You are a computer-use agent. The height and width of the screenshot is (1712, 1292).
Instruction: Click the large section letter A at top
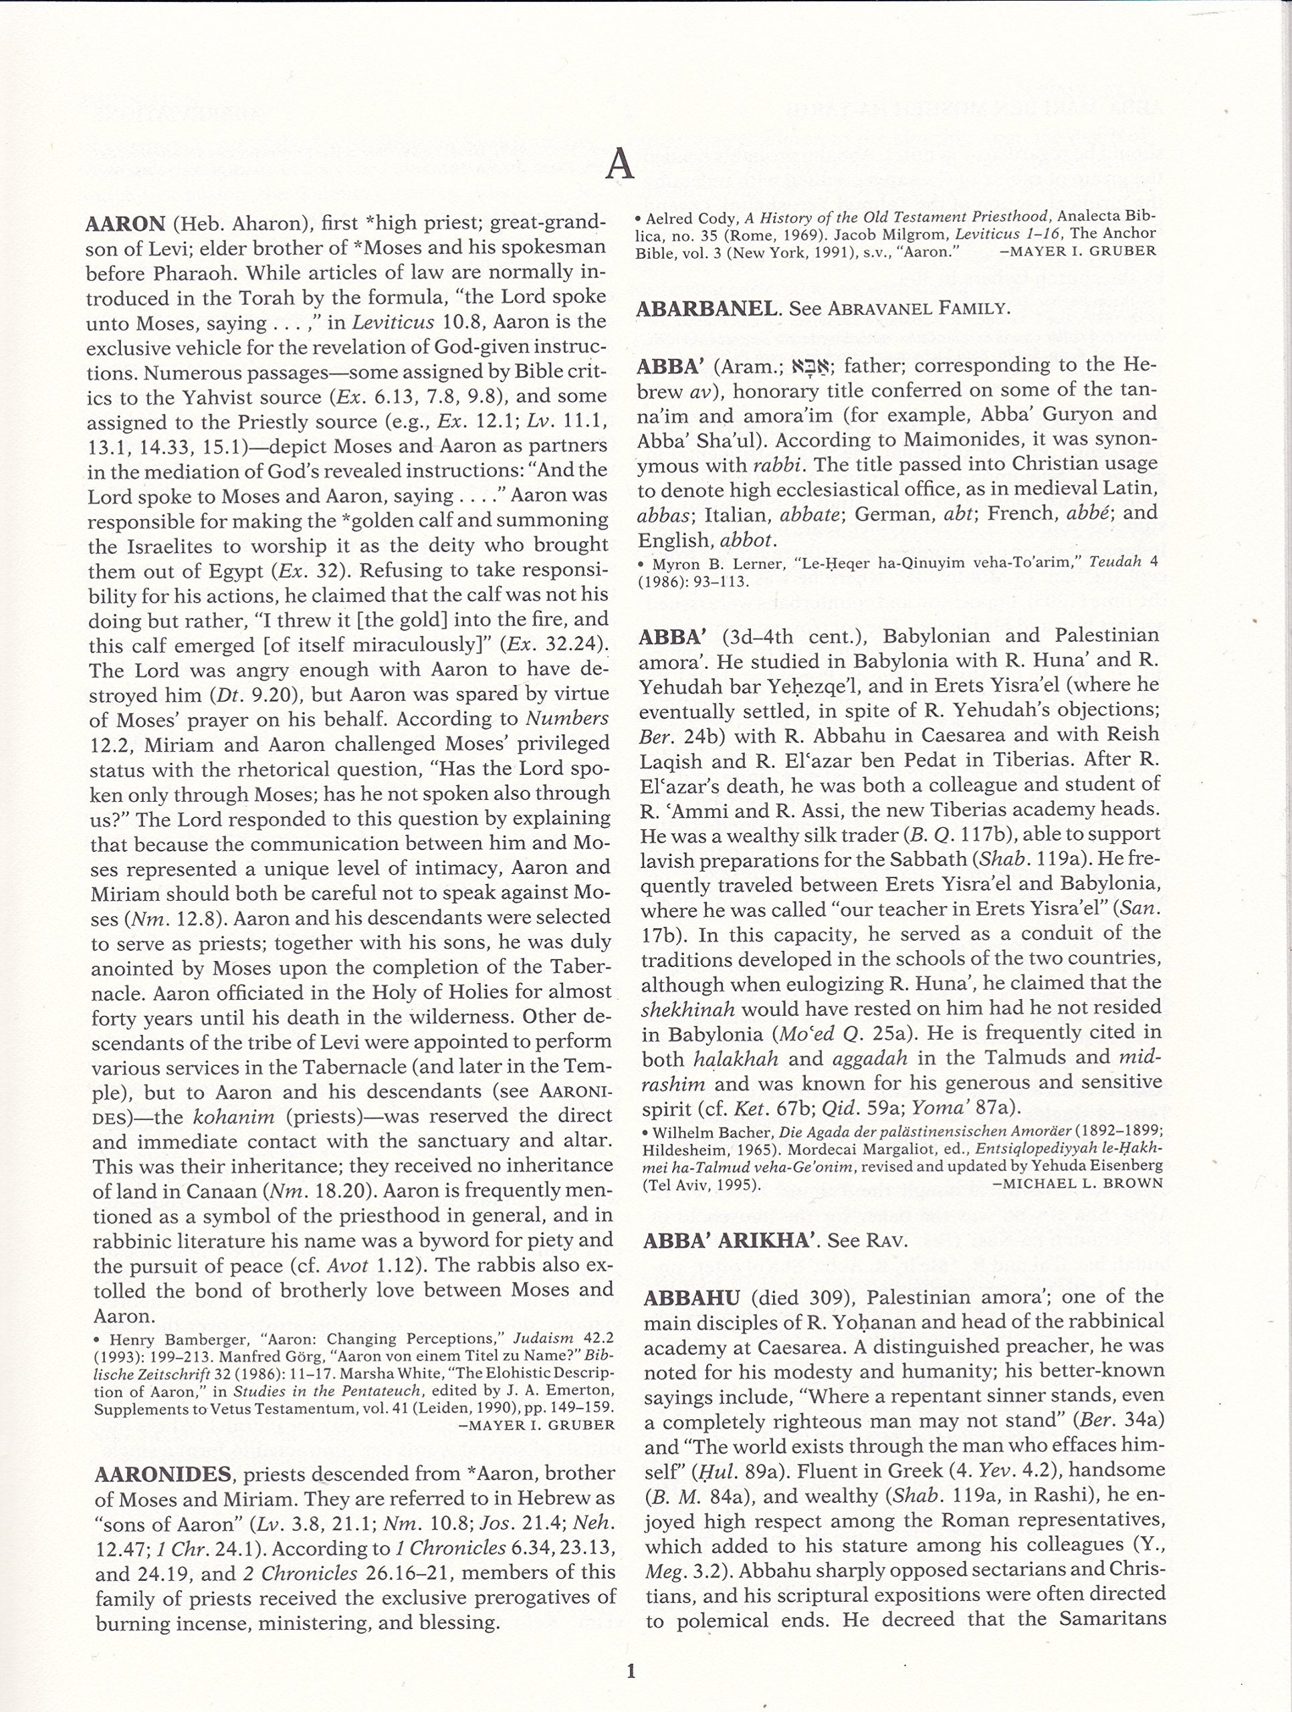[x=619, y=164]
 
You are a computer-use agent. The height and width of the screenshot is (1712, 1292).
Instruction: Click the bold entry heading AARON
[x=126, y=225]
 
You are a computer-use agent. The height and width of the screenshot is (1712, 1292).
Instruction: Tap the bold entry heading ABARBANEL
[x=708, y=309]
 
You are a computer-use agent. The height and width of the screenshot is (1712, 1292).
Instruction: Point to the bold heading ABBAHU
[x=691, y=1297]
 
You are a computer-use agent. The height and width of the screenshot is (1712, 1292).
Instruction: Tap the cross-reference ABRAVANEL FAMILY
[x=919, y=309]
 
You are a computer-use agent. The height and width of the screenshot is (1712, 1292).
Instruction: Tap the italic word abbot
[x=746, y=540]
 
